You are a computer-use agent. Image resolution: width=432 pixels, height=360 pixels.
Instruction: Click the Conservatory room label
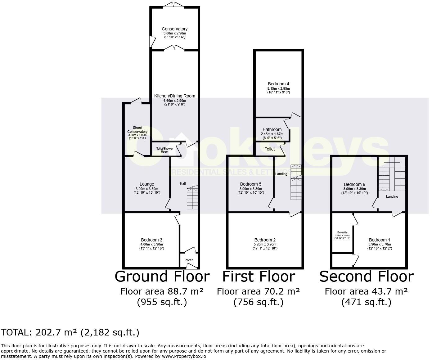point(175,29)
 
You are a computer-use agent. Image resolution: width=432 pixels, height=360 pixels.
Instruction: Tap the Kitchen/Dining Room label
point(175,96)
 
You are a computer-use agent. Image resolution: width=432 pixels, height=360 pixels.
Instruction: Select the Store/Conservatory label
point(137,130)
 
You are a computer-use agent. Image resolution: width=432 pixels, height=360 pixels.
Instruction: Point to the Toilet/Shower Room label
point(164,150)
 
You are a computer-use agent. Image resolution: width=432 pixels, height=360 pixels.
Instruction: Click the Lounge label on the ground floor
point(147,184)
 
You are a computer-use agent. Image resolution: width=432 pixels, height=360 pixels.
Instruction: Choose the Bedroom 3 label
point(151,240)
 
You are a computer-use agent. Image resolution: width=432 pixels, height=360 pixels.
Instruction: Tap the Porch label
point(189,260)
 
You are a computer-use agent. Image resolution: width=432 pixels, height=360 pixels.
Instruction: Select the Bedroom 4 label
point(278,84)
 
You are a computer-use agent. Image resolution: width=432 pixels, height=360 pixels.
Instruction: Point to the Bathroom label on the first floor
point(272,129)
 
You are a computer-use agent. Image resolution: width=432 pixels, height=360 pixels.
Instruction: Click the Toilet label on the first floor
point(269,149)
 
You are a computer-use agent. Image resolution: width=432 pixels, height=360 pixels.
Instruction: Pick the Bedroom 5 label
point(250,184)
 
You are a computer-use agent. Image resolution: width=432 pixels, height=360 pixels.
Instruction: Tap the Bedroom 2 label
point(265,240)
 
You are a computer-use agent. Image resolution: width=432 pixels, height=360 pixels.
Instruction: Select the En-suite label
point(342,232)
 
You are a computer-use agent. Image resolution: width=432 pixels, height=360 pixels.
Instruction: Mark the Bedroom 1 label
point(380,240)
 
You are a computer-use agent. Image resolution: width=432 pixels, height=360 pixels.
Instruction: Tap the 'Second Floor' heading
point(366,277)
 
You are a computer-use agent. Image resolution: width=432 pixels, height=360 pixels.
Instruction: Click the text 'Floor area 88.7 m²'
point(162,291)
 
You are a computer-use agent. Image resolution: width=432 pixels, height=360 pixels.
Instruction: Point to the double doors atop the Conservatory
point(173,5)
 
